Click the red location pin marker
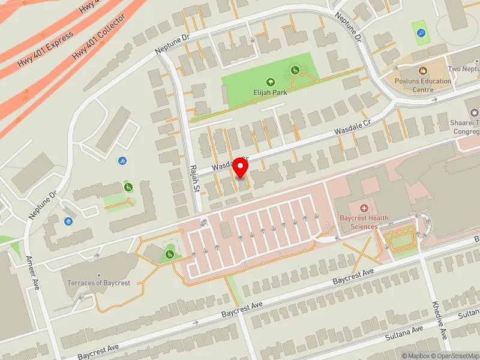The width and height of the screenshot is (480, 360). tap(241, 167)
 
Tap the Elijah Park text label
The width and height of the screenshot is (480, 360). tap(270, 92)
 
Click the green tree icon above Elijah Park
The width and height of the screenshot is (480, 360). tap(270, 82)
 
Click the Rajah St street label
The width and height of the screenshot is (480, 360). tap(194, 179)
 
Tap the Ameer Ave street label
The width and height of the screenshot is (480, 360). tap(31, 273)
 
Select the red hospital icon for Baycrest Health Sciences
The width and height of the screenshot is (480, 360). tap(364, 208)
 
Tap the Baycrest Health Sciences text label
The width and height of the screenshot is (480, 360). tap(364, 222)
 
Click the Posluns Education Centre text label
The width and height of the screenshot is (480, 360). tap(423, 85)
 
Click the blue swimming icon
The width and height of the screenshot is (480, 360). tap(122, 161)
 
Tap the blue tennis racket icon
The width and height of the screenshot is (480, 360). tap(421, 33)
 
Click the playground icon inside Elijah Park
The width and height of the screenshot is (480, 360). tap(295, 71)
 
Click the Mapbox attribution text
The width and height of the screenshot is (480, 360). tap(415, 356)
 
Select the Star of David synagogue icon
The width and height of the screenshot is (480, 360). tap(475, 113)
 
